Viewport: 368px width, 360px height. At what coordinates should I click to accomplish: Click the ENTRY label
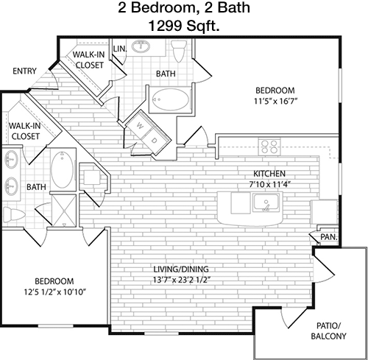(x=24, y=71)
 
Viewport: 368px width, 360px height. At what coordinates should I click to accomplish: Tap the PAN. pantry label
(x=329, y=237)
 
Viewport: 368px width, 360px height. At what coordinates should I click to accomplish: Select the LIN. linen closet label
(x=120, y=49)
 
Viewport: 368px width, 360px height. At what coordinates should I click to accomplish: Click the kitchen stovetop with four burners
(x=269, y=147)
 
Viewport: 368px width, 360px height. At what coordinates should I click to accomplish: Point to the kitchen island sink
(x=266, y=202)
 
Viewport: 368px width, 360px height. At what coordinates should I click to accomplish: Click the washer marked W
(x=140, y=126)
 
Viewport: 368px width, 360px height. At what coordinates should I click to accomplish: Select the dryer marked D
(x=154, y=141)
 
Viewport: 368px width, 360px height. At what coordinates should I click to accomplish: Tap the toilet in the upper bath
(x=179, y=51)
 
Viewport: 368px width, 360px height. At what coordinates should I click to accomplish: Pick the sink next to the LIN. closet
(x=141, y=46)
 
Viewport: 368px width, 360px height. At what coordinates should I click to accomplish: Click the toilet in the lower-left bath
(x=14, y=214)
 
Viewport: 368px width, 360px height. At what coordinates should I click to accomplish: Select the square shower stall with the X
(x=64, y=211)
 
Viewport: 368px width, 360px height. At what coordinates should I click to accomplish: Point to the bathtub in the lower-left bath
(x=62, y=169)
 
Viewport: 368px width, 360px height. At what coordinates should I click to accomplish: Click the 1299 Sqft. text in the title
(x=184, y=26)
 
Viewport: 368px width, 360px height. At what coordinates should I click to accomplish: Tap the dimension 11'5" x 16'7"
(x=275, y=101)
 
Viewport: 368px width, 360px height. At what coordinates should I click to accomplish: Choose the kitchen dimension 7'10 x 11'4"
(x=270, y=184)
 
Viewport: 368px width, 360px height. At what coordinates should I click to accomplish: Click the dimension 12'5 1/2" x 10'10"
(x=54, y=292)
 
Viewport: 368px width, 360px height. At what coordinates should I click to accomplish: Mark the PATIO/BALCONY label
(x=328, y=331)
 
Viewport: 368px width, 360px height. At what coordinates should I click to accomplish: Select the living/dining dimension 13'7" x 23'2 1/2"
(x=182, y=280)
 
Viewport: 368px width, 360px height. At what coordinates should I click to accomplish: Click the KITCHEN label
(x=269, y=174)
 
